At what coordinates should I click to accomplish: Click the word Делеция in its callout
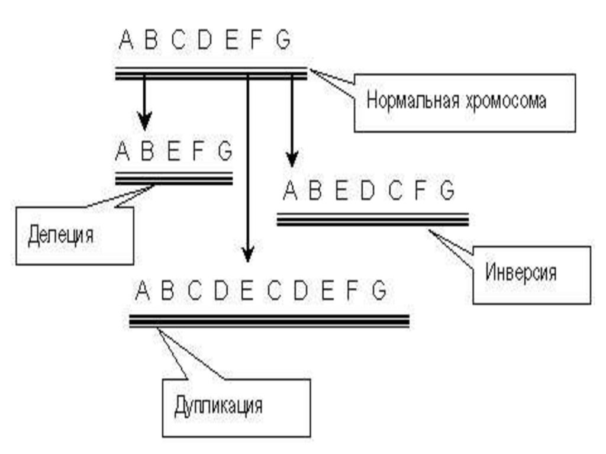click(x=60, y=235)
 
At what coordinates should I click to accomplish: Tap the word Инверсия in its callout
click(x=521, y=273)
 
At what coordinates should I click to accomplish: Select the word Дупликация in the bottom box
click(x=218, y=407)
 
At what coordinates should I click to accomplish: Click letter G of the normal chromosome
click(x=283, y=41)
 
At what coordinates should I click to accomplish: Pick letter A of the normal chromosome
click(x=125, y=41)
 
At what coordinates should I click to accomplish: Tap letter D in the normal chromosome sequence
click(x=204, y=41)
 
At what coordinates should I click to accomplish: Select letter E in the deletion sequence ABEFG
click(x=173, y=152)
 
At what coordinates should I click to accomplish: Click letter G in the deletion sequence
click(x=224, y=152)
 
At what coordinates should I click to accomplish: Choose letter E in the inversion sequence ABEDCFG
click(x=340, y=191)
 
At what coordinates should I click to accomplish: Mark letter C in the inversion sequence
click(x=395, y=191)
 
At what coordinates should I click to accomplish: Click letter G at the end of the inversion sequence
click(x=446, y=191)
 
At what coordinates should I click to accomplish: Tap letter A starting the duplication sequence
click(x=141, y=291)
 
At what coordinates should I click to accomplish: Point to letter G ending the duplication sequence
click(x=379, y=291)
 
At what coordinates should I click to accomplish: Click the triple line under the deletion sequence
click(x=173, y=178)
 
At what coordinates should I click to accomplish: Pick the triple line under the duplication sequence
click(x=269, y=321)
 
